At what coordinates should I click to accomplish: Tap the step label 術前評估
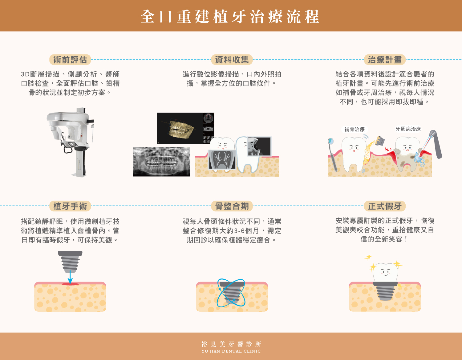coord(70,60)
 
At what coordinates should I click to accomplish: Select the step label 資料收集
coord(232,60)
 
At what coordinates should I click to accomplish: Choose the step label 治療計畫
coord(385,60)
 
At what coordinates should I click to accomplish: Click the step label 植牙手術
coord(70,206)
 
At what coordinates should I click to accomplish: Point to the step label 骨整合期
coord(232,206)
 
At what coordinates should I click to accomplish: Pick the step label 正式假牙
coord(385,206)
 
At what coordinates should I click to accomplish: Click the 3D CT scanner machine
coord(70,142)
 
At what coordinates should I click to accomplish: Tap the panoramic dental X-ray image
coord(162,162)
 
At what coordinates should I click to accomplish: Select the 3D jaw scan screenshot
coord(185,129)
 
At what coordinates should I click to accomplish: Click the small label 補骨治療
coord(355,129)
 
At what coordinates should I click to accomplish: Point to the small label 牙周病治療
coord(408,129)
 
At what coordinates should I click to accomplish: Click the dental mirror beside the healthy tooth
coord(332,155)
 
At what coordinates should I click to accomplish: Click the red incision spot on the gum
coord(70,284)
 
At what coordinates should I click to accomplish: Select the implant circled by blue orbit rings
coord(231,293)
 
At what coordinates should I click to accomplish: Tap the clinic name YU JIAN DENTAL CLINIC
coord(231,351)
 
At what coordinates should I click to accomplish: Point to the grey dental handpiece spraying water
coord(435,144)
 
